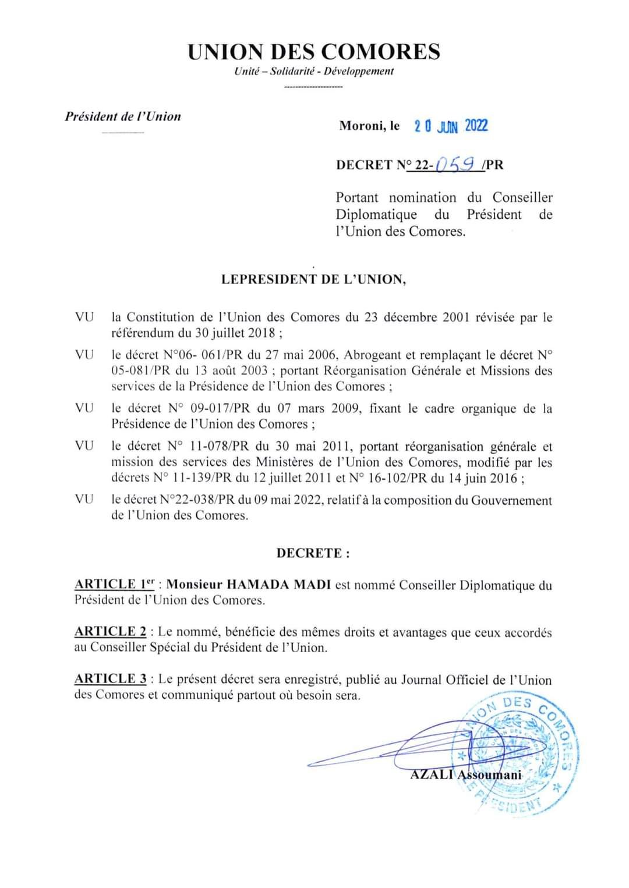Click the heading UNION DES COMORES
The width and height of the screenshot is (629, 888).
[314, 52]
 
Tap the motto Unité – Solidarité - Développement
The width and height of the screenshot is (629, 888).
[314, 72]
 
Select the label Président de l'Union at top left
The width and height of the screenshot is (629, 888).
[123, 116]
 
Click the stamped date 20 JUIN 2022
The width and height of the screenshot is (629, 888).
[451, 126]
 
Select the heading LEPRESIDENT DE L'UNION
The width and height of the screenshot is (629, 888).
[314, 280]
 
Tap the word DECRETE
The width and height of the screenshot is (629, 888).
[313, 553]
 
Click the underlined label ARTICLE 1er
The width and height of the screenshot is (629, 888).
[114, 584]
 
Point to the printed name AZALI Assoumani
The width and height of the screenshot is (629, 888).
[466, 775]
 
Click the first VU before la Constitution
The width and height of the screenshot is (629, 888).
[84, 318]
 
